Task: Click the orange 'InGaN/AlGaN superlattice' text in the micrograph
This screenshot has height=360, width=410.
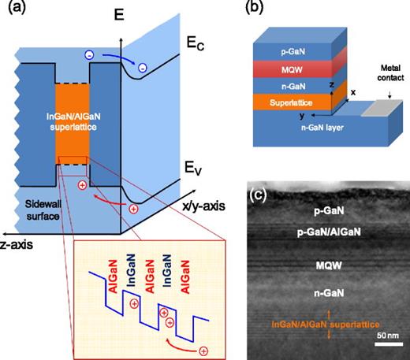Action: coord(325,324)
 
